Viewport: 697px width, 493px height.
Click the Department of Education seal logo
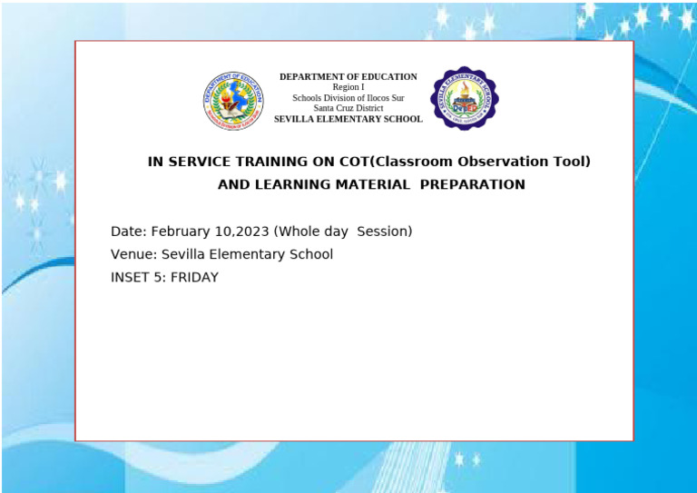tap(233, 99)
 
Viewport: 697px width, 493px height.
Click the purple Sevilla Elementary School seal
tap(464, 98)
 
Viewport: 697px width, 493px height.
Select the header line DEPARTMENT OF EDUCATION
tap(348, 77)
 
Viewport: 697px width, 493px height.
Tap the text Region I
tap(348, 87)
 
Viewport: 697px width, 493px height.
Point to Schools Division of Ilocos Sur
tap(348, 98)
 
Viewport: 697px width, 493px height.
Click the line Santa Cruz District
tap(348, 108)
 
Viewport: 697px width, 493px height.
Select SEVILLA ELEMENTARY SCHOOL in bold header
tap(348, 119)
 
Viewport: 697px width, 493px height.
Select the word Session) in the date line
tap(385, 232)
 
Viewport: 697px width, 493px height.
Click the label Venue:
tap(133, 254)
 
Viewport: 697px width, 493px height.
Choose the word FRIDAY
tap(194, 278)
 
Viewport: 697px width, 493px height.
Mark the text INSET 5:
tap(138, 278)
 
